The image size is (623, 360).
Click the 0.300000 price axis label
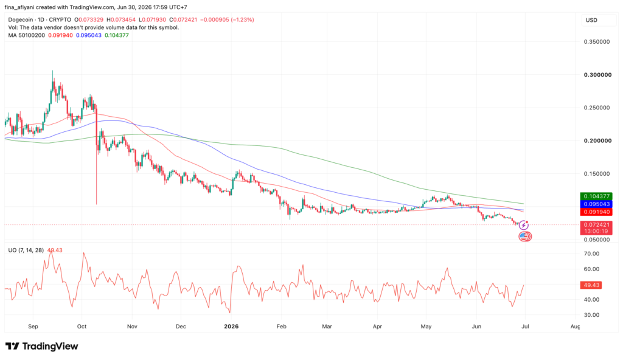tap(597, 75)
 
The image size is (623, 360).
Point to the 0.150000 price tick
tap(597, 174)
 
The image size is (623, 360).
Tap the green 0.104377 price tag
tap(596, 196)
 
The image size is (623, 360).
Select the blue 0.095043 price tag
tap(596, 204)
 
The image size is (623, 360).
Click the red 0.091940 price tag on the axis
tap(596, 212)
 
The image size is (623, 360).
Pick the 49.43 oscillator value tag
tap(591, 285)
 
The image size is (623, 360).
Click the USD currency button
tap(591, 20)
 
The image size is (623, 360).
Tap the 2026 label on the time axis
tap(231, 327)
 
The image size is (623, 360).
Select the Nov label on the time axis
tap(132, 327)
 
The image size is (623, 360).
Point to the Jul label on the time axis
tap(525, 327)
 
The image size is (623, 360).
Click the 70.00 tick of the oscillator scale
tap(591, 254)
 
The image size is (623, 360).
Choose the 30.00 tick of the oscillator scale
tap(591, 315)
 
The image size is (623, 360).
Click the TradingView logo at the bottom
tap(42, 346)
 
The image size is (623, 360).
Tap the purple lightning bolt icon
tap(524, 226)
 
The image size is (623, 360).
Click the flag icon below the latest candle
tap(525, 237)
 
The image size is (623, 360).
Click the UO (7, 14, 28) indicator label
tap(26, 251)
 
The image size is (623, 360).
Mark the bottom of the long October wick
tap(97, 204)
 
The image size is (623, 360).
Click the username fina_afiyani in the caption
tap(20, 7)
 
